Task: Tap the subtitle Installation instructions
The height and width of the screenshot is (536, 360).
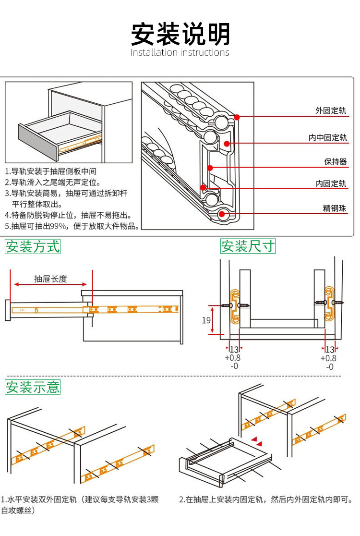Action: [180, 52]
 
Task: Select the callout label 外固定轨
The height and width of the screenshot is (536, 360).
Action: [331, 111]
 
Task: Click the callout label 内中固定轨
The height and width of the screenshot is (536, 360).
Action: [327, 138]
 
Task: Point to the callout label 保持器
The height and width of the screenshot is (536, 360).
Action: [335, 162]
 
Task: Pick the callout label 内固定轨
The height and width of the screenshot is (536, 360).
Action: [331, 183]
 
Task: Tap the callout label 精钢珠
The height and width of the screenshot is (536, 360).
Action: [334, 208]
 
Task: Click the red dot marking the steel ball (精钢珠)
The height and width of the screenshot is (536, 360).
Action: [222, 214]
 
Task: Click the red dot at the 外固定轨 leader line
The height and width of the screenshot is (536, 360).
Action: [237, 117]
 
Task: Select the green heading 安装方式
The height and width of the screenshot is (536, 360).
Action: [33, 247]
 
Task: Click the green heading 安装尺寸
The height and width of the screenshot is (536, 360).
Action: [248, 246]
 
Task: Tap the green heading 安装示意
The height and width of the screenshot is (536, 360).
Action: [33, 387]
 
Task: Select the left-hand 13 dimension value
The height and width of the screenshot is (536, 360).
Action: [234, 349]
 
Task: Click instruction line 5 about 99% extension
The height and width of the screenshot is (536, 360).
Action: [72, 227]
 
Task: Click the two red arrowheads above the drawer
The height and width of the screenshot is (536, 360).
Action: [257, 441]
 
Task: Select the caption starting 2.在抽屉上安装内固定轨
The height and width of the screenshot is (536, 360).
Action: [265, 499]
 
